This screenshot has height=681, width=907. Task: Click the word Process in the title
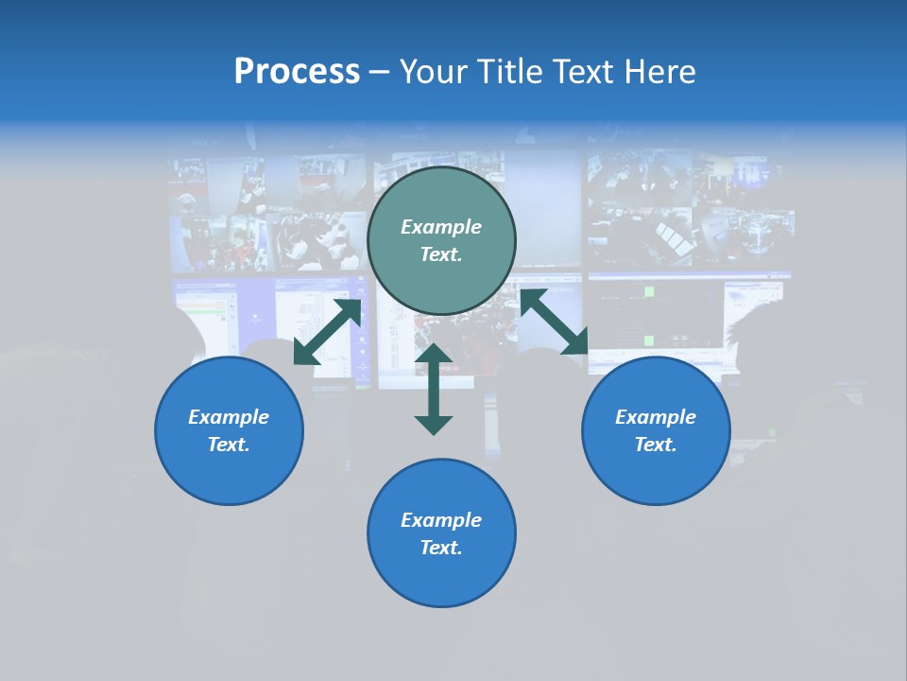point(297,72)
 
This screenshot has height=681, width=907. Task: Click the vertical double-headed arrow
point(434,389)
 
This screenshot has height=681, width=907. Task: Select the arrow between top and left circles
point(328,332)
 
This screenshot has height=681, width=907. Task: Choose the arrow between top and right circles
point(554,323)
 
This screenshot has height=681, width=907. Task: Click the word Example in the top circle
point(441,227)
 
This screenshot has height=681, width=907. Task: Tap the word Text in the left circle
point(229,445)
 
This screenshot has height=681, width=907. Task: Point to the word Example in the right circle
point(656,417)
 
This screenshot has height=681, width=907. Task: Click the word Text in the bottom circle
point(441,548)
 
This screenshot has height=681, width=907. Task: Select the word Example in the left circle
point(229,417)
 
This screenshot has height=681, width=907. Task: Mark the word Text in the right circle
point(656,445)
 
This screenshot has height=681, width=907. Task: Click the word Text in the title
point(583,72)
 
